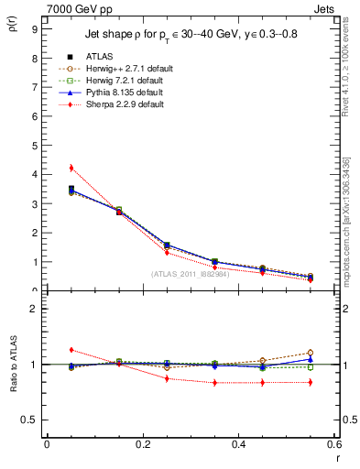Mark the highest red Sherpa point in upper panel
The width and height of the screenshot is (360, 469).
71,168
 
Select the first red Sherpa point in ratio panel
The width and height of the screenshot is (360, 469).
71,350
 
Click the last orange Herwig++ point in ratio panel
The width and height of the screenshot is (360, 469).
311,353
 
